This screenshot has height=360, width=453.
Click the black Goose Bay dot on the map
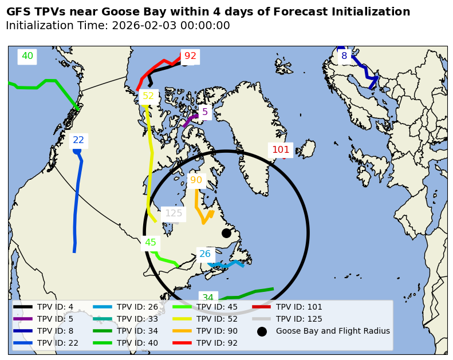point(226,233)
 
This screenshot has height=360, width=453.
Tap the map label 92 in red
point(190,56)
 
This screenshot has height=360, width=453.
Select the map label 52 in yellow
point(148,96)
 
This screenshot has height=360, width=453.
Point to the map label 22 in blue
point(78,140)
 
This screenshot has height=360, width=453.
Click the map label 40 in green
point(27,56)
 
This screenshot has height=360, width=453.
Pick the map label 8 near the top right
point(344,56)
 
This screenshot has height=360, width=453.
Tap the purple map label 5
point(205,112)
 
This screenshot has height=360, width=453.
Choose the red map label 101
point(281,150)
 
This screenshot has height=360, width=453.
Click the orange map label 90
point(196,180)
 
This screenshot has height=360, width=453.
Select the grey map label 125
point(174,213)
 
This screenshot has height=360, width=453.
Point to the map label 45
point(151,243)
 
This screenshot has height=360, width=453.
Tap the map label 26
point(205,254)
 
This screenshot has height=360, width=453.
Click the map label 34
point(208,298)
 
